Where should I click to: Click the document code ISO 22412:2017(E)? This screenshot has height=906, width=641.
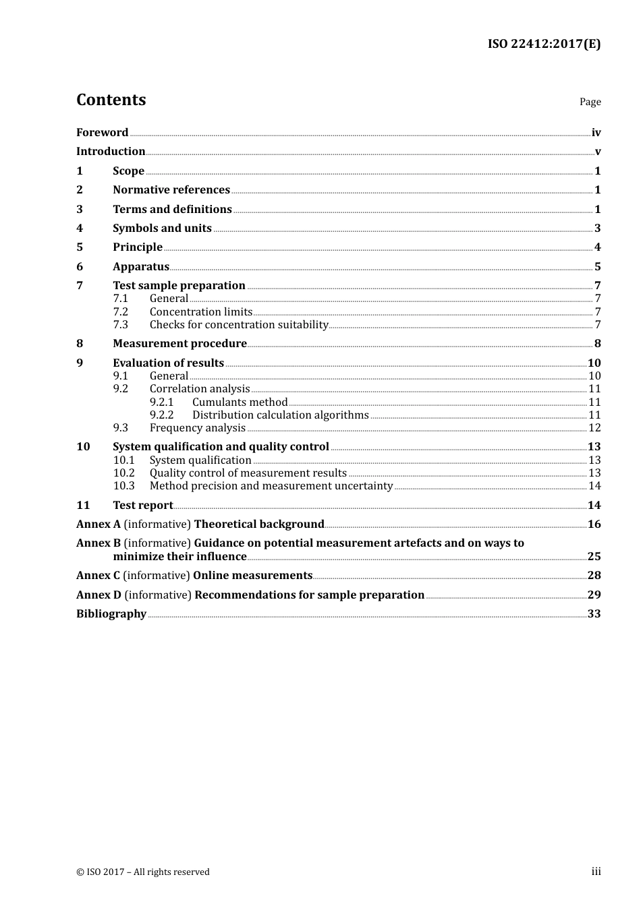pyautogui.click(x=544, y=44)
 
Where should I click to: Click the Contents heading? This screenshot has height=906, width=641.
pyautogui.click(x=111, y=100)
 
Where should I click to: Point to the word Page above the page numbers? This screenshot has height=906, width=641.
pyautogui.click(x=590, y=102)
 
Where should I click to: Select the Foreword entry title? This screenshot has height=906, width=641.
pyautogui.click(x=102, y=133)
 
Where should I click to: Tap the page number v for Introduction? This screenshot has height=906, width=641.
pyautogui.click(x=597, y=152)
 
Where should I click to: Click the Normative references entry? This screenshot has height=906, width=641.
pyautogui.click(x=171, y=190)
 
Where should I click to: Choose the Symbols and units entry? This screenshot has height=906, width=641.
pyautogui.click(x=162, y=229)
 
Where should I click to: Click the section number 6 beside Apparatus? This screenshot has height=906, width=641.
pyautogui.click(x=80, y=267)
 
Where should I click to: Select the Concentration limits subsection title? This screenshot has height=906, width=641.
pyautogui.click(x=201, y=312)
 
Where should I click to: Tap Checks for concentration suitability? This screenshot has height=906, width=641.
pyautogui.click(x=239, y=325)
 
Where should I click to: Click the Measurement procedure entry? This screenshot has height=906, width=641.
pyautogui.click(x=179, y=344)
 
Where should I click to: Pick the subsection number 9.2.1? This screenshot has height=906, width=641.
pyautogui.click(x=162, y=402)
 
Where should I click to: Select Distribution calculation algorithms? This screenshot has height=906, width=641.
pyautogui.click(x=281, y=415)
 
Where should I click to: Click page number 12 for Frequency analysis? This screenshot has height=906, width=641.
pyautogui.click(x=594, y=428)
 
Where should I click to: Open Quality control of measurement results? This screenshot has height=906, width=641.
pyautogui.click(x=248, y=473)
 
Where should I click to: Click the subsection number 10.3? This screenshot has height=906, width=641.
pyautogui.click(x=124, y=486)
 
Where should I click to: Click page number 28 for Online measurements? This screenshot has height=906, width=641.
pyautogui.click(x=594, y=576)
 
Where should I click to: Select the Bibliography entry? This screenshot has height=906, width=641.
pyautogui.click(x=111, y=614)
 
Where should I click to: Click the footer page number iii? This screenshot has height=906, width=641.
pyautogui.click(x=596, y=872)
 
